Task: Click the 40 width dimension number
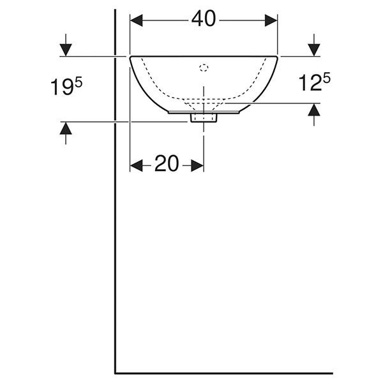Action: pyautogui.click(x=204, y=19)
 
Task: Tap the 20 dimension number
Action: pyautogui.click(x=167, y=163)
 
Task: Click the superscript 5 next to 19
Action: pyautogui.click(x=79, y=83)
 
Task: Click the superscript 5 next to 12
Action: pyautogui.click(x=327, y=79)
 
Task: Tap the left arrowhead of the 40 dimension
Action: pyautogui.click(x=137, y=20)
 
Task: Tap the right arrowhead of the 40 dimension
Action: pyautogui.click(x=271, y=20)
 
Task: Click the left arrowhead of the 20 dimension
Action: pyautogui.click(x=137, y=165)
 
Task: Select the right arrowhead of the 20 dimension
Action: pyautogui.click(x=197, y=165)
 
